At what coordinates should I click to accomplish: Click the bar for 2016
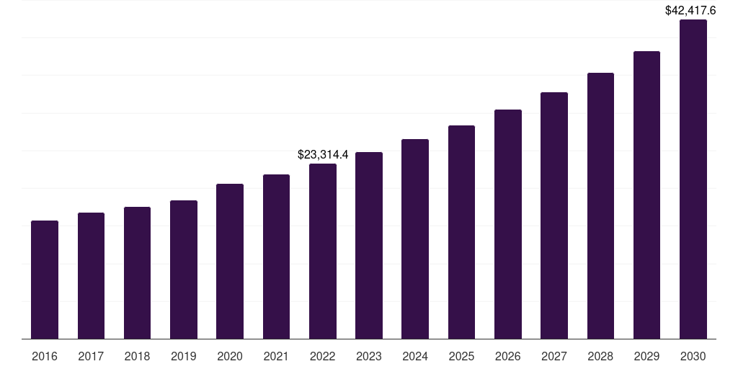tap(45, 280)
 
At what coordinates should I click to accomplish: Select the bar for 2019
tap(184, 270)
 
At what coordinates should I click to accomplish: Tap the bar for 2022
tap(323, 252)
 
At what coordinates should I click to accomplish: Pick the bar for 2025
tap(461, 232)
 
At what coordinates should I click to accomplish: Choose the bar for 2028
tap(600, 206)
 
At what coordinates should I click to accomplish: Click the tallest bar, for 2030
tap(693, 179)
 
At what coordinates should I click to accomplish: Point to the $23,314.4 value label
tap(323, 154)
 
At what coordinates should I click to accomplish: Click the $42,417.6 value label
tap(690, 11)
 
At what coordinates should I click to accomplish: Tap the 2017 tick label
tap(91, 356)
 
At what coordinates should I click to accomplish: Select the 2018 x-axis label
tap(137, 356)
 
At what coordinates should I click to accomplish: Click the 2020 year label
tap(230, 356)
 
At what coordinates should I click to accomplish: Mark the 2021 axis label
tap(276, 356)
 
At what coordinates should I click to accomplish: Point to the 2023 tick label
tap(369, 356)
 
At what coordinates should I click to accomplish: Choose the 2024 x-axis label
tap(415, 356)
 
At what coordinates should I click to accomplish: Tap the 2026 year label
tap(508, 356)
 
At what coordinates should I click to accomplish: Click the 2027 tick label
tap(554, 356)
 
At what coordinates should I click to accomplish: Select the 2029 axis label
tap(647, 356)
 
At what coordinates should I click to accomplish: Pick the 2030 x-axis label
tap(693, 356)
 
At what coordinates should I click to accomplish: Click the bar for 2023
tap(369, 246)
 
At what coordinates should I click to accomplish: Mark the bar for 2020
tap(230, 262)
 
